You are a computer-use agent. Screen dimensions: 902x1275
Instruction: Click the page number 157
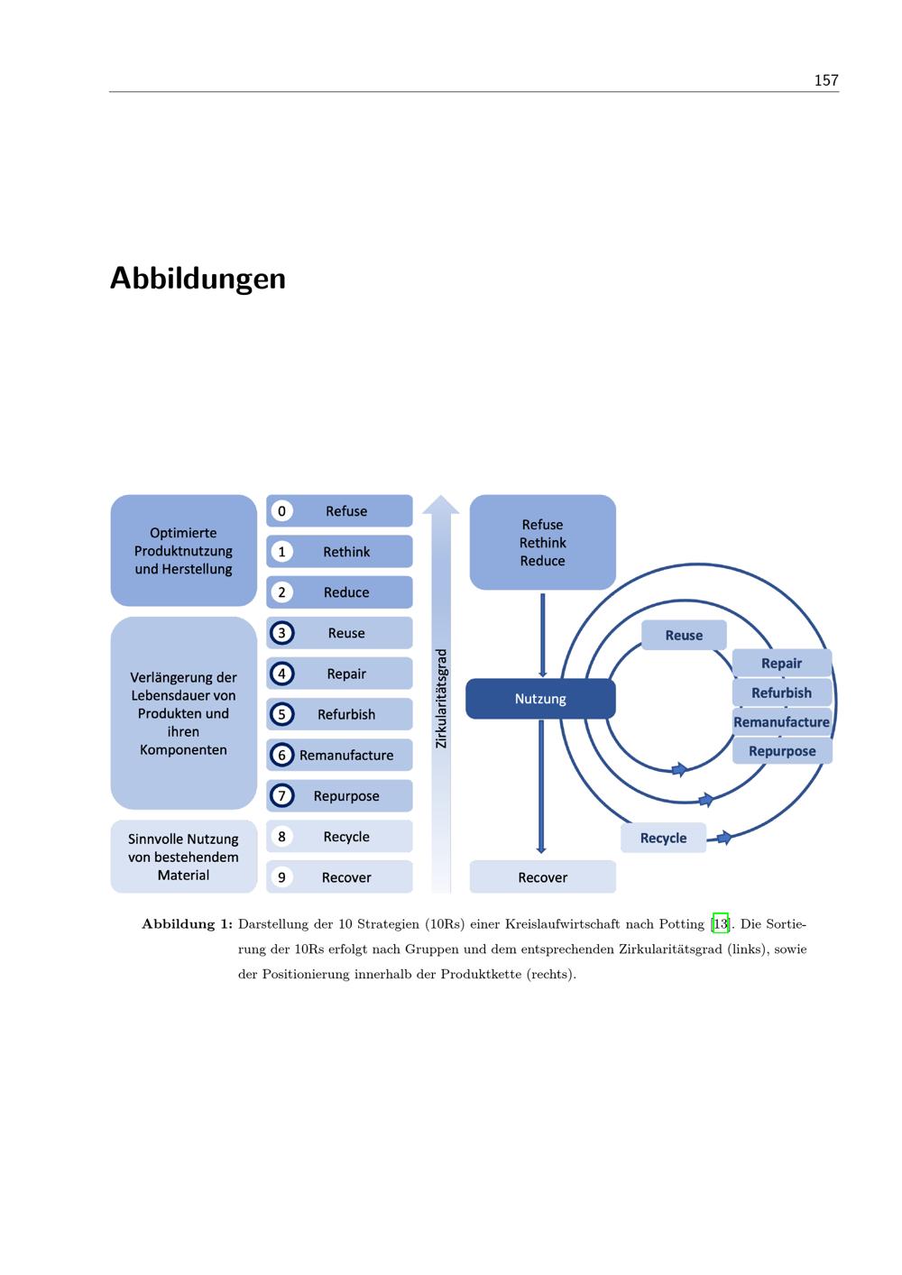(x=825, y=80)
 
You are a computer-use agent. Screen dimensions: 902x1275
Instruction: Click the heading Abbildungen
(x=198, y=279)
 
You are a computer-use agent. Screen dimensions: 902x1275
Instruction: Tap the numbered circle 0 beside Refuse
(x=281, y=511)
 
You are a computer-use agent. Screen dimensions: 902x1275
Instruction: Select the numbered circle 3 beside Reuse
(x=281, y=633)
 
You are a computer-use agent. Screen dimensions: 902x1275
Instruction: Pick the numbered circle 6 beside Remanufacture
(x=281, y=755)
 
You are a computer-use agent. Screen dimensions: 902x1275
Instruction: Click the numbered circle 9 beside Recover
(x=281, y=877)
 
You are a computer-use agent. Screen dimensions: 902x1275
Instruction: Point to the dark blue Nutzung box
(x=540, y=699)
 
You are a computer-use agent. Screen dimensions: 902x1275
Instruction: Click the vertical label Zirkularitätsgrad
(x=441, y=699)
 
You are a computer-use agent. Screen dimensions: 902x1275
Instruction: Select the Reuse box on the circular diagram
(x=684, y=635)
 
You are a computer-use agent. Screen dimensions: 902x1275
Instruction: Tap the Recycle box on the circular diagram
(x=663, y=838)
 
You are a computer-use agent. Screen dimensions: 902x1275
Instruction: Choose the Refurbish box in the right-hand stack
(x=782, y=693)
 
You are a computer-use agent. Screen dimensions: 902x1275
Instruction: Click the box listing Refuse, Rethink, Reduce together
(x=543, y=543)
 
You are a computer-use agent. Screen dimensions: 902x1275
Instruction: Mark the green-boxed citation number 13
(x=721, y=923)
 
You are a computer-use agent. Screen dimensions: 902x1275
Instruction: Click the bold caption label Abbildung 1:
(x=188, y=924)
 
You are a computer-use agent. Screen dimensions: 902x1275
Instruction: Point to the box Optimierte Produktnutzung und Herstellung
(x=183, y=550)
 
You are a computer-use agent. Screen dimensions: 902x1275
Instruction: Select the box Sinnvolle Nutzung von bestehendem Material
(x=183, y=857)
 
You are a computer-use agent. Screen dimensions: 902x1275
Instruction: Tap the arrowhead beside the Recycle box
(x=724, y=838)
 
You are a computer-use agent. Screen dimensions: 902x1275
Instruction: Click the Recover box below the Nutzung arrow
(x=543, y=877)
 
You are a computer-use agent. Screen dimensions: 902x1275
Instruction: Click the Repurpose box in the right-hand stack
(x=782, y=751)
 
